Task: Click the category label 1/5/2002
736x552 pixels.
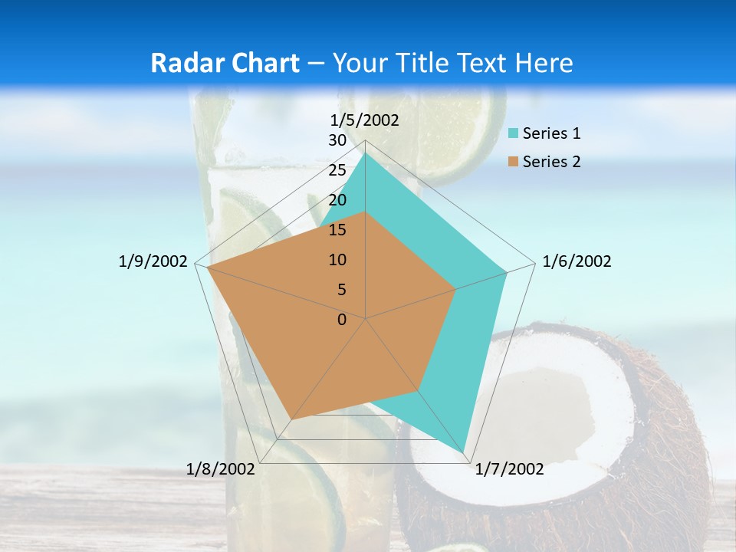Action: click(365, 120)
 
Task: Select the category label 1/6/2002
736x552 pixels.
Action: click(577, 261)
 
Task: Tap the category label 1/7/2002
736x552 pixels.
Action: click(509, 469)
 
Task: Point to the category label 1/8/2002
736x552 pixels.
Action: click(220, 469)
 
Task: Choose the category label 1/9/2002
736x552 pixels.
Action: click(153, 261)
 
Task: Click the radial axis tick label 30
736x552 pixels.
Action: click(337, 140)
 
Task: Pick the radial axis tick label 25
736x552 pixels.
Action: click(337, 170)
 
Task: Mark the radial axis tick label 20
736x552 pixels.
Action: click(337, 200)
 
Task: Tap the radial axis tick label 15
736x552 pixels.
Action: click(337, 230)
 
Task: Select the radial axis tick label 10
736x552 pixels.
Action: click(337, 260)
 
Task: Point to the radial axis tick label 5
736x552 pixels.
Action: click(341, 290)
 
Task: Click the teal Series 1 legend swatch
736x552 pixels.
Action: click(514, 134)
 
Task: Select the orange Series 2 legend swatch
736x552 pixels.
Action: click(514, 162)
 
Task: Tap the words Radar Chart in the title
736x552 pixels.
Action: click(225, 63)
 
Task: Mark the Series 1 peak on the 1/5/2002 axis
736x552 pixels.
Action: click(365, 153)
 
